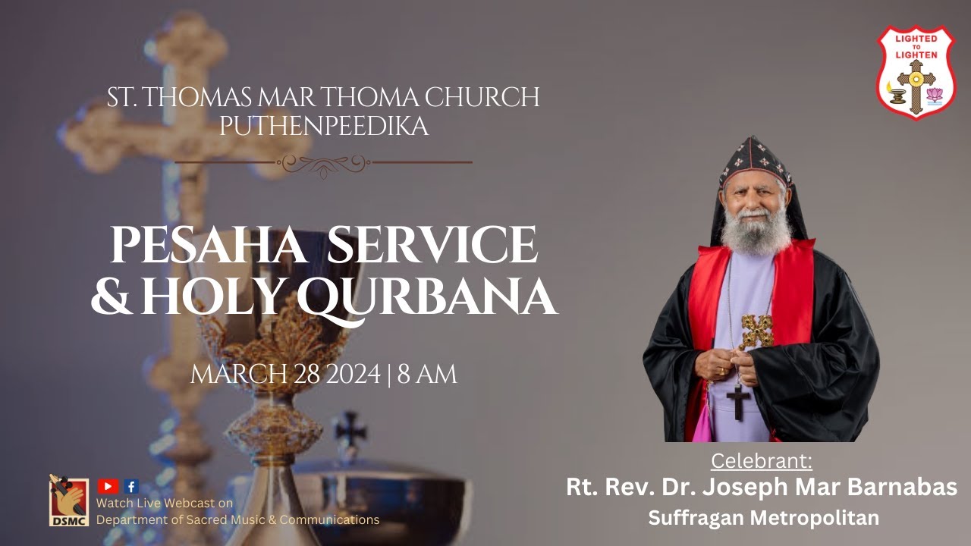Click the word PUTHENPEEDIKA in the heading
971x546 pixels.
point(324,125)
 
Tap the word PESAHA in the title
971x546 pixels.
point(206,246)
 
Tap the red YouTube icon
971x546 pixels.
point(108,487)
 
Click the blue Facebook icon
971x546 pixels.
point(131,487)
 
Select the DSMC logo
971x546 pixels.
point(69,501)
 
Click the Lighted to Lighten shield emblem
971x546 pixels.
point(916,72)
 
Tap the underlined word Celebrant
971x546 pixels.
point(761,461)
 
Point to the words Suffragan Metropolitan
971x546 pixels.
point(763,518)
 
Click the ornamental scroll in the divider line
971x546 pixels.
point(324,162)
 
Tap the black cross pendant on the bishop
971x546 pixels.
point(737,400)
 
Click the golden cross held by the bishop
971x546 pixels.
point(756,331)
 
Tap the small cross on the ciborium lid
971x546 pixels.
point(351,428)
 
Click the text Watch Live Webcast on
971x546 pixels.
point(165,503)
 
